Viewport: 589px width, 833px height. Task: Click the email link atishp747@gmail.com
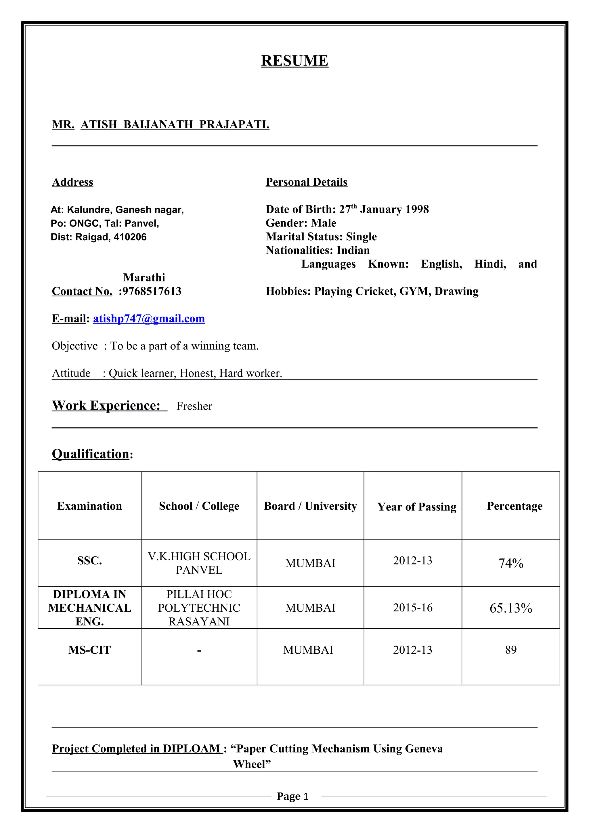pyautogui.click(x=149, y=318)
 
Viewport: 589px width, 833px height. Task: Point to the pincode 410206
pyautogui.click(x=130, y=237)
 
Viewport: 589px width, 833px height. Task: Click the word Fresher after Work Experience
pyautogui.click(x=194, y=406)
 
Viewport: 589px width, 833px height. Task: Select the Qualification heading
pyautogui.click(x=91, y=454)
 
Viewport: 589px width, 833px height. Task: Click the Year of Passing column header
pyautogui.click(x=417, y=506)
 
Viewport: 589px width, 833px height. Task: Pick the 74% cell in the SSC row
pyautogui.click(x=510, y=563)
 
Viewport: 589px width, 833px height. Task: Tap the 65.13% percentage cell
pyautogui.click(x=510, y=608)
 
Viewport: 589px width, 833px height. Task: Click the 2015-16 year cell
pyautogui.click(x=413, y=608)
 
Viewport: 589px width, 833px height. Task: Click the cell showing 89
pyautogui.click(x=510, y=650)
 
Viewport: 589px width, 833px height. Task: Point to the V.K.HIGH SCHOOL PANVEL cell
pyautogui.click(x=199, y=563)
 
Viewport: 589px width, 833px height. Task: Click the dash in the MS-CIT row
pyautogui.click(x=199, y=651)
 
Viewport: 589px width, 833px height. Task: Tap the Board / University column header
pyautogui.click(x=310, y=506)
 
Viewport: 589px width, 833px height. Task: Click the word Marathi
pyautogui.click(x=144, y=278)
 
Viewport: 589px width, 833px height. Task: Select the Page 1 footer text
pyautogui.click(x=292, y=796)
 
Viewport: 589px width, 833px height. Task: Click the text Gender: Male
pyautogui.click(x=301, y=223)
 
